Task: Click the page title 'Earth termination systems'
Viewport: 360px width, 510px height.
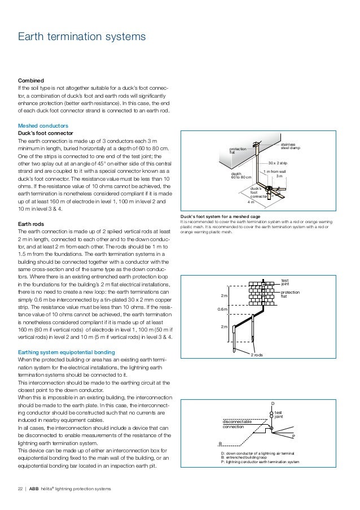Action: pyautogui.click(x=82, y=37)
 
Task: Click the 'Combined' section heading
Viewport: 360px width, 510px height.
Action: pyautogui.click(x=32, y=81)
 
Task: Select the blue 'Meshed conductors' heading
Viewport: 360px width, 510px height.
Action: pyautogui.click(x=43, y=125)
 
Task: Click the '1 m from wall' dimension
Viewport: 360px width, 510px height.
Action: pyautogui.click(x=275, y=171)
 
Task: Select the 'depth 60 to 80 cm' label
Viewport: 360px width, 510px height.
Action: pyautogui.click(x=242, y=176)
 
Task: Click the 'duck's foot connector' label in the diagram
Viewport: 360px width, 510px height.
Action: pyautogui.click(x=257, y=192)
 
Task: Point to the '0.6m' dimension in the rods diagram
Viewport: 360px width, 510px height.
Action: pyautogui.click(x=223, y=309)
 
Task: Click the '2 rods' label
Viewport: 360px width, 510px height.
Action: pyautogui.click(x=257, y=354)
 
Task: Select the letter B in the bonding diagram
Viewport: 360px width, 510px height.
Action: pyautogui.click(x=220, y=444)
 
